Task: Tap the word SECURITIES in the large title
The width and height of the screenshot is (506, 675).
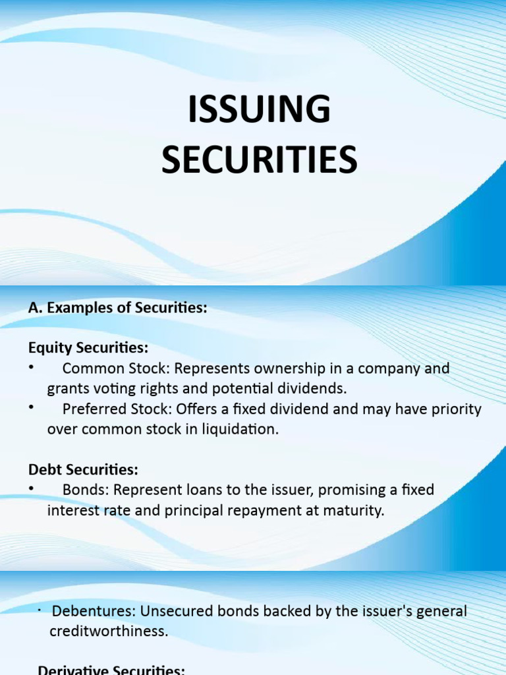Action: point(259,160)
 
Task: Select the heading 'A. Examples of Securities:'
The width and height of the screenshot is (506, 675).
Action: point(118,308)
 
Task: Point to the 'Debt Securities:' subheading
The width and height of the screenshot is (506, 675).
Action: point(83,470)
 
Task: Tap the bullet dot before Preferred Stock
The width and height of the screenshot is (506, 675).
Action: point(32,409)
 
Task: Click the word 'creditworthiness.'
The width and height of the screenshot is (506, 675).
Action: point(109,631)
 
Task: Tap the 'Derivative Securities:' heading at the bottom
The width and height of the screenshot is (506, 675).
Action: point(112,669)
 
